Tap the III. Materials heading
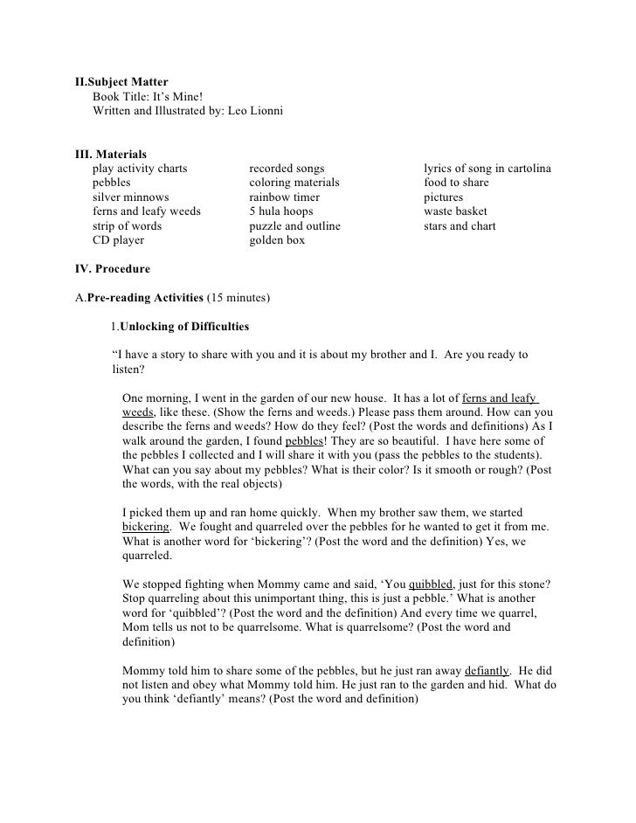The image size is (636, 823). click(x=111, y=154)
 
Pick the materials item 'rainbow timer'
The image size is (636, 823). click(x=286, y=197)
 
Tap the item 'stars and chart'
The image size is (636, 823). click(x=460, y=225)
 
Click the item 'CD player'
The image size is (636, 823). click(x=119, y=239)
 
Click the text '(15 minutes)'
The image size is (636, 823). click(x=238, y=298)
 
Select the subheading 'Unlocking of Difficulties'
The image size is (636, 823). click(x=183, y=327)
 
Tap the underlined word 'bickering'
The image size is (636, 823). click(x=147, y=527)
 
